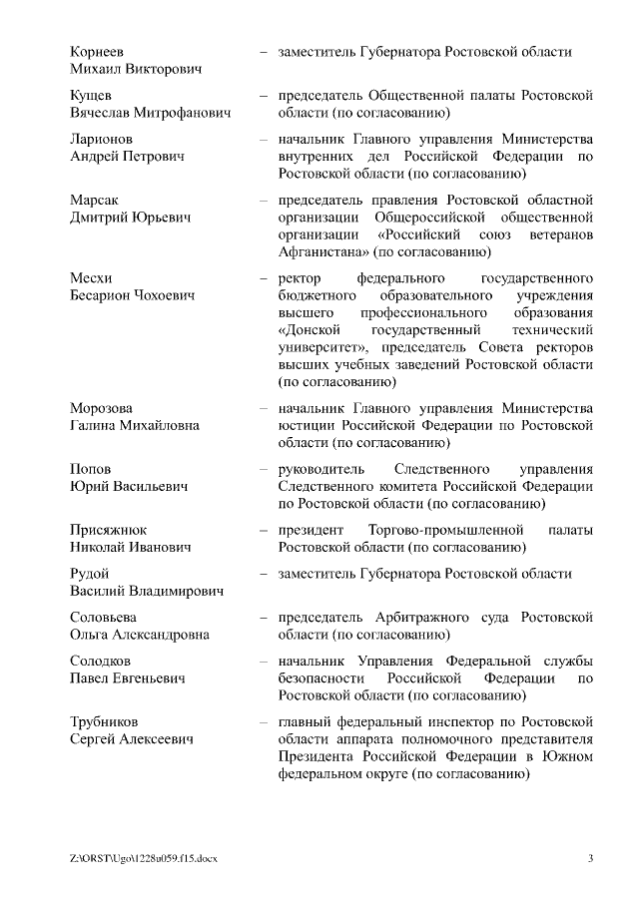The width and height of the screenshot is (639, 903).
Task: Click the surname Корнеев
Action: coord(97,51)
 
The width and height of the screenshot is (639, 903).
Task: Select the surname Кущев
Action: coord(91,96)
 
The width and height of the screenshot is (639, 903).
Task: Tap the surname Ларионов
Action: coord(102,139)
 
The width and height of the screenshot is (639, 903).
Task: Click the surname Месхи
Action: coord(91,277)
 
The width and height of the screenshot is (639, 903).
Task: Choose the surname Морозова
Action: coord(101,408)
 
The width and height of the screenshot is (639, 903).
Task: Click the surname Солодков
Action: coord(102,662)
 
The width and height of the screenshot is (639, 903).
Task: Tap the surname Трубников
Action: coord(105,721)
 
